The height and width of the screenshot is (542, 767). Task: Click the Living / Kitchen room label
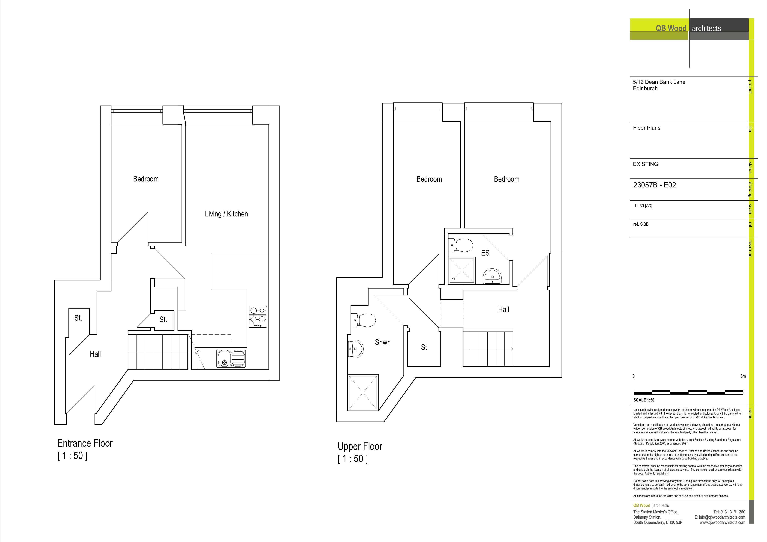[226, 214]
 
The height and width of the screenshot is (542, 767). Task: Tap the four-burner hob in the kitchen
[257, 316]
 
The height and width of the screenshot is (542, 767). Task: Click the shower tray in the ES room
[461, 270]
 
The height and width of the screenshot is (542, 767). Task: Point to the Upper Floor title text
[360, 447]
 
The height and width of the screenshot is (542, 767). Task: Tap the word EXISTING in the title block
[645, 164]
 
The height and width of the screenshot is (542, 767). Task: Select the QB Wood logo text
[671, 28]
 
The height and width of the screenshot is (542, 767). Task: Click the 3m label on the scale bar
[743, 376]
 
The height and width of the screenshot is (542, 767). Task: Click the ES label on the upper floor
[485, 253]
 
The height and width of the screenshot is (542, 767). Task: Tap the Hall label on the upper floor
[503, 310]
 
